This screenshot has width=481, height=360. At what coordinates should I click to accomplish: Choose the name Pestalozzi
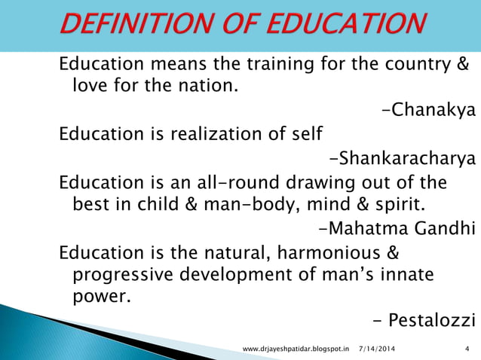[x=432, y=321]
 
